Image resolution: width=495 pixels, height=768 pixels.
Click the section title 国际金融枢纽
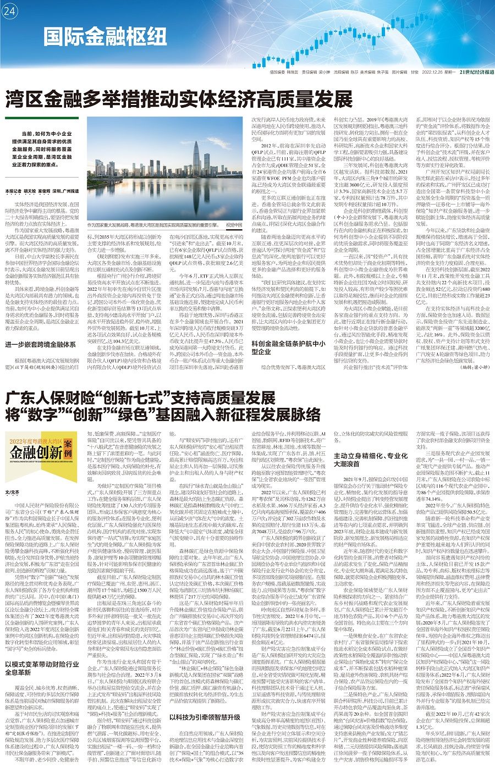click(105, 37)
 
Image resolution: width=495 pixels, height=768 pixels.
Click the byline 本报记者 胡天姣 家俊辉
click(30, 191)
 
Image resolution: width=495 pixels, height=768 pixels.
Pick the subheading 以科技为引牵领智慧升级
click(205, 717)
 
